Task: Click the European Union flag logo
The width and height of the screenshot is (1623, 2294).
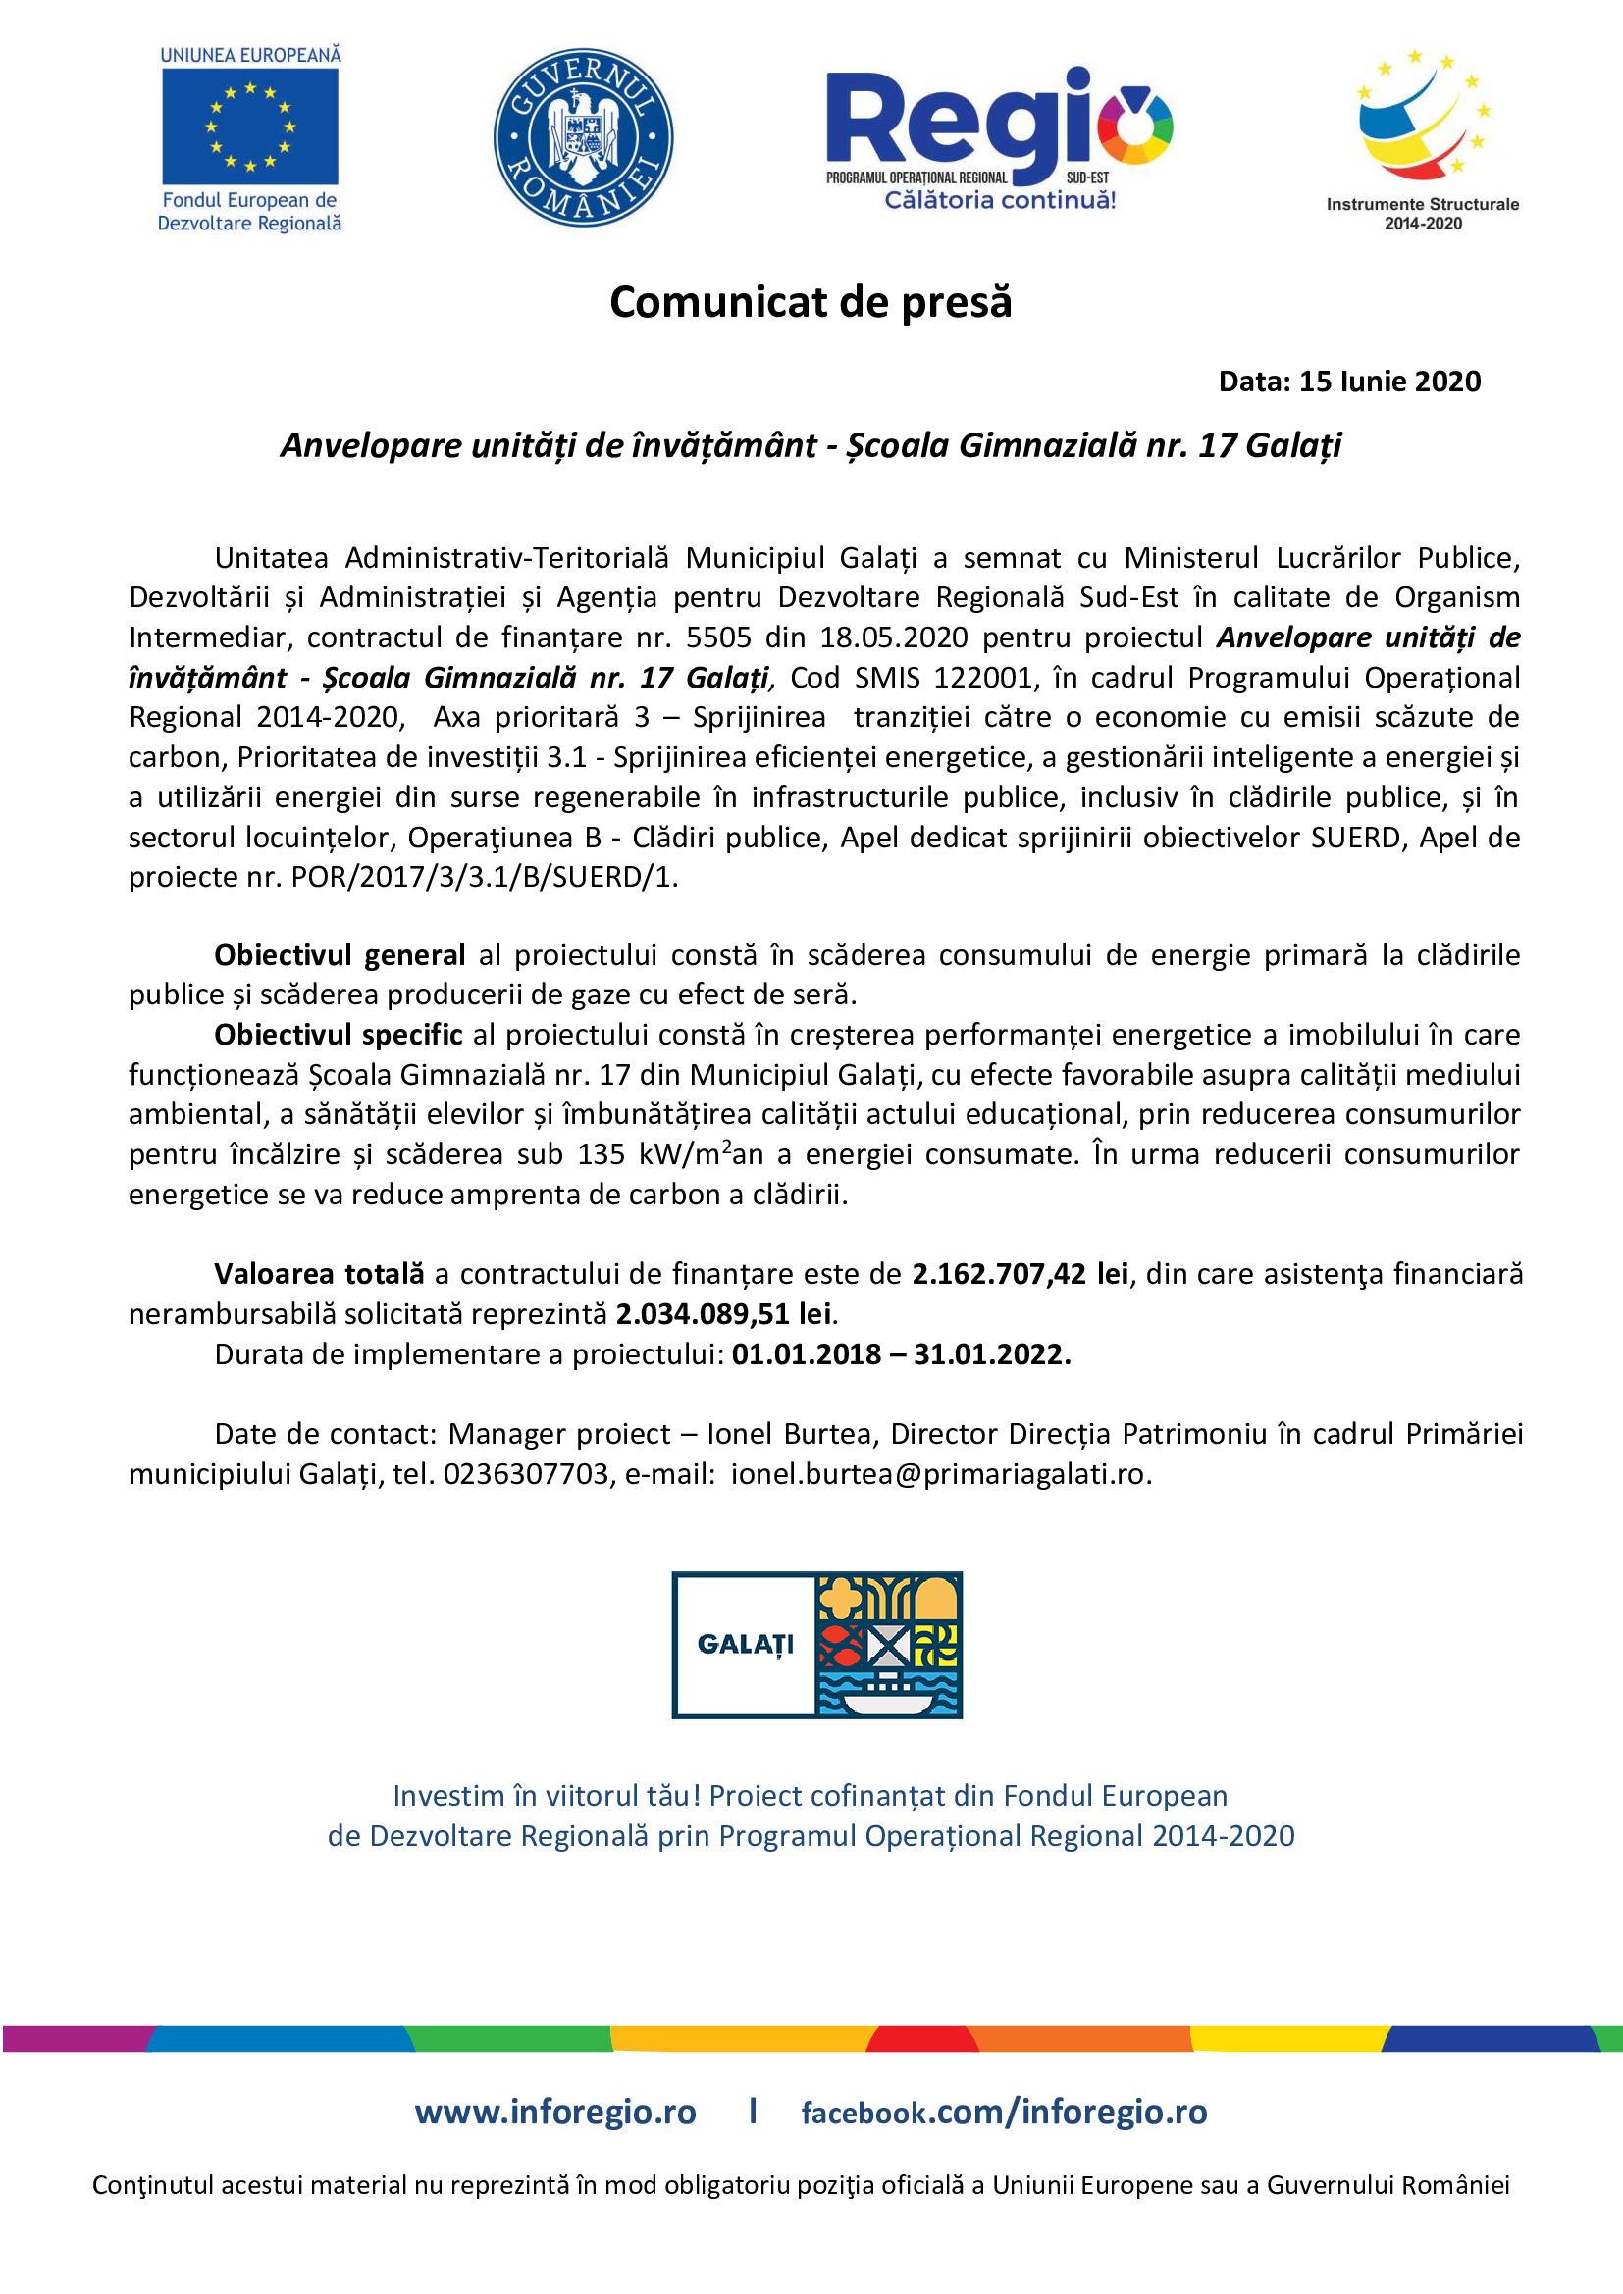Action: point(250,126)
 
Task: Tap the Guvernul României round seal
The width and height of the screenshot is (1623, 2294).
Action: point(583,137)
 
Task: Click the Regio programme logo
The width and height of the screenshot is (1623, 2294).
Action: point(998,138)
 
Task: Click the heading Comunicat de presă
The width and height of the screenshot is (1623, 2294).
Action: point(811,302)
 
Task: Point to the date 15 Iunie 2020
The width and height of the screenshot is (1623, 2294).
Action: point(1389,381)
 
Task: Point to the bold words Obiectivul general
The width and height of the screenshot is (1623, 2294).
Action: point(340,955)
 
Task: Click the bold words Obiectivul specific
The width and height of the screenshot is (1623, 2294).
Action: point(338,1034)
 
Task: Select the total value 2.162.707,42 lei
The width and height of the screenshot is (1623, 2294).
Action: point(1020,1274)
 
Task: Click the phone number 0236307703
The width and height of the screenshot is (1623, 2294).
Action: point(526,1474)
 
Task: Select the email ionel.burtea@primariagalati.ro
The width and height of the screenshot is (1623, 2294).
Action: point(937,1474)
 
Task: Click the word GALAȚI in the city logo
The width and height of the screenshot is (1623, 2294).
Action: point(746,1644)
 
